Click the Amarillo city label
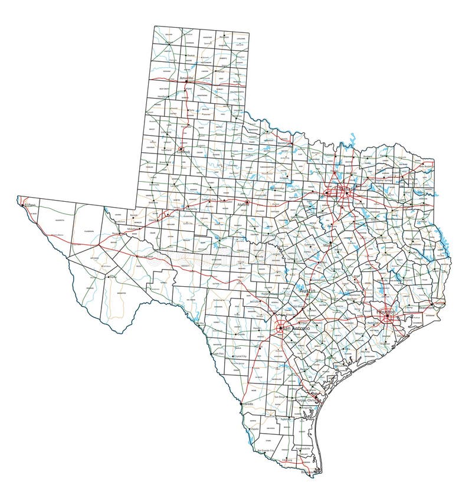[x=179, y=78]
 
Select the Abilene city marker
[x=248, y=202]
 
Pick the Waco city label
[x=326, y=247]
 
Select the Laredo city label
[x=248, y=404]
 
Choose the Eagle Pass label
[x=218, y=352]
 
